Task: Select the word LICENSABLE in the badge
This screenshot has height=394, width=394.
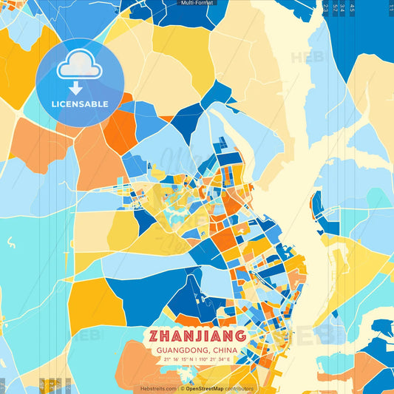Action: [80, 104]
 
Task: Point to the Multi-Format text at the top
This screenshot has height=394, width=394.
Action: [197, 3]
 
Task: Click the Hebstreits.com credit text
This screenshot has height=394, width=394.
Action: [158, 388]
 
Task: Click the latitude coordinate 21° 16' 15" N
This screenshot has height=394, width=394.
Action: [175, 360]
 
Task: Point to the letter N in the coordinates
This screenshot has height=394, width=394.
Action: [191, 360]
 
